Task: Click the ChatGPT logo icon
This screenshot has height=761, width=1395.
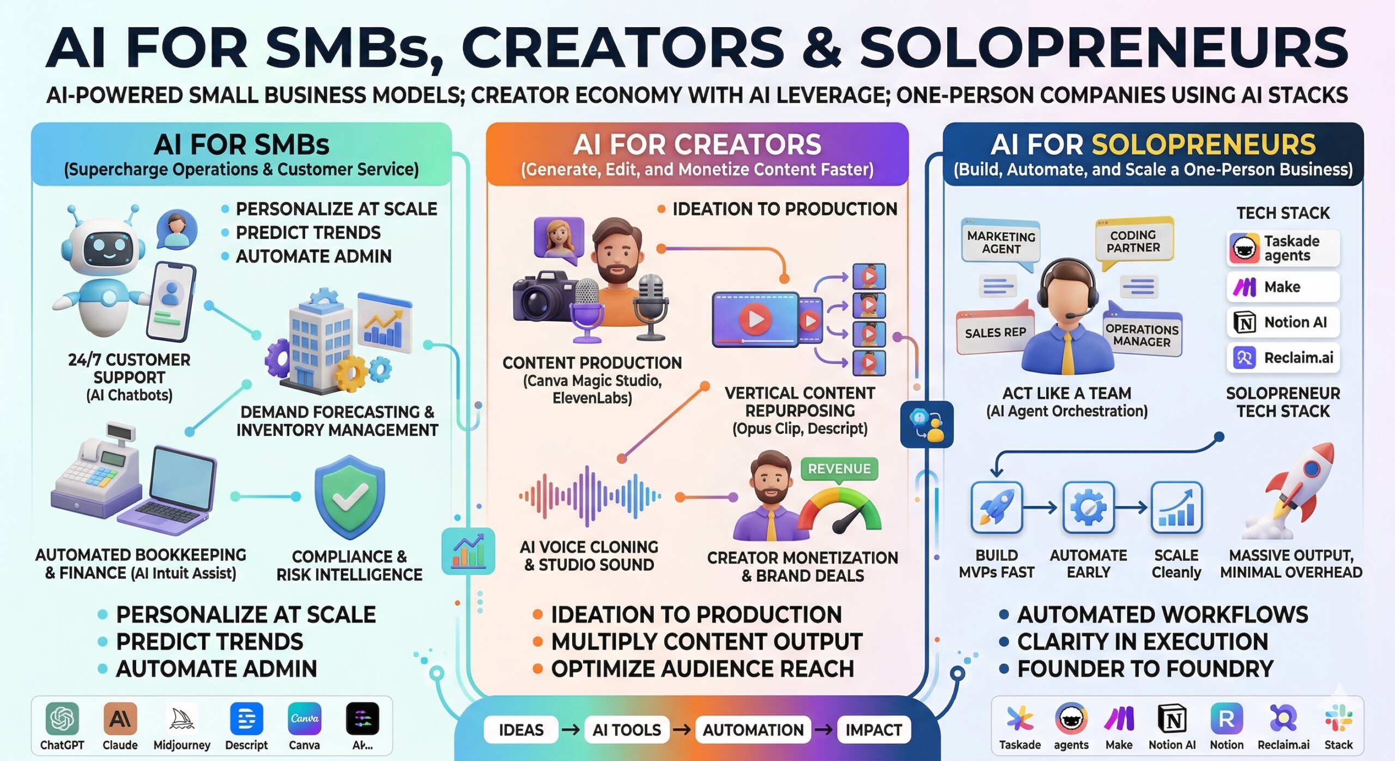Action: point(62,719)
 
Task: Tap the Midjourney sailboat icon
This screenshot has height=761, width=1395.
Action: point(181,719)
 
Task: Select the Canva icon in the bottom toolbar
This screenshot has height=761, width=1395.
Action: point(304,719)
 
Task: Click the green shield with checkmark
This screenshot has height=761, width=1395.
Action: point(349,497)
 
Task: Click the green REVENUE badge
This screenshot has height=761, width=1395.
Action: point(839,469)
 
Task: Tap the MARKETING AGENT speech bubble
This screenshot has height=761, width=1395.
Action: point(1001,243)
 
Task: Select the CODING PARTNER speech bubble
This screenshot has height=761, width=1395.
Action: point(1133,241)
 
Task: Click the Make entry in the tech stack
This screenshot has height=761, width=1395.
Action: point(1283,287)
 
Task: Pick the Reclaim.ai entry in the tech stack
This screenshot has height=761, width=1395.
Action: point(1283,358)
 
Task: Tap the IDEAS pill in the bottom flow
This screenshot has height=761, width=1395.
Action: point(521,730)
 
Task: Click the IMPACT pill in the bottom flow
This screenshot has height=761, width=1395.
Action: point(874,730)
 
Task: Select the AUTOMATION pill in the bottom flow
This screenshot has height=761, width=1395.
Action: point(753,730)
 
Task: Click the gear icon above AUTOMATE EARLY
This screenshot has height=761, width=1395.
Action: point(1088,508)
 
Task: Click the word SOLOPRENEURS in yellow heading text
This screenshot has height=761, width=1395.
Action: point(1204,145)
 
